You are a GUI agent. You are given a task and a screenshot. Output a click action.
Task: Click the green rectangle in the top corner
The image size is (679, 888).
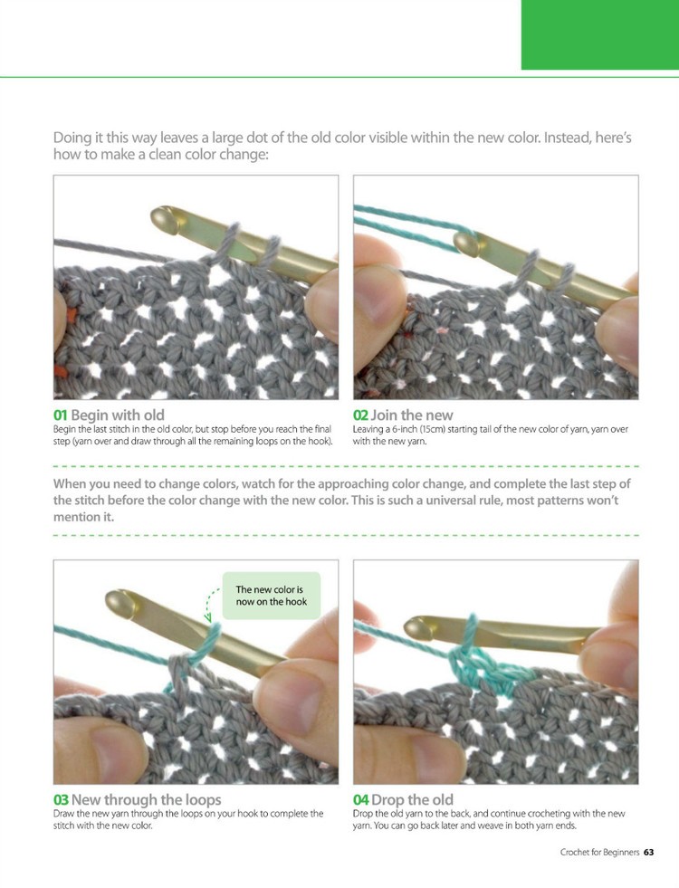point(599,34)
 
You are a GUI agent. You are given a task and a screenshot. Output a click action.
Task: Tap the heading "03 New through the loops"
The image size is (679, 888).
point(137,800)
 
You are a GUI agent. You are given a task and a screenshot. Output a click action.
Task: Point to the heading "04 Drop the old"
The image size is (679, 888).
point(403,800)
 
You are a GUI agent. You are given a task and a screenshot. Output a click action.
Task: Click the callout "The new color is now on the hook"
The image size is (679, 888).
point(271,595)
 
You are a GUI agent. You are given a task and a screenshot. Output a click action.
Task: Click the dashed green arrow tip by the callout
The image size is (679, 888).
point(208,619)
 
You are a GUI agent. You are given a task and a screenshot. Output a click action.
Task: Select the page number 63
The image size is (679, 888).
point(649,852)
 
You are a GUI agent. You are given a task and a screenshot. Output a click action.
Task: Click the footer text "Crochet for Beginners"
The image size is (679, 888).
point(598,852)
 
